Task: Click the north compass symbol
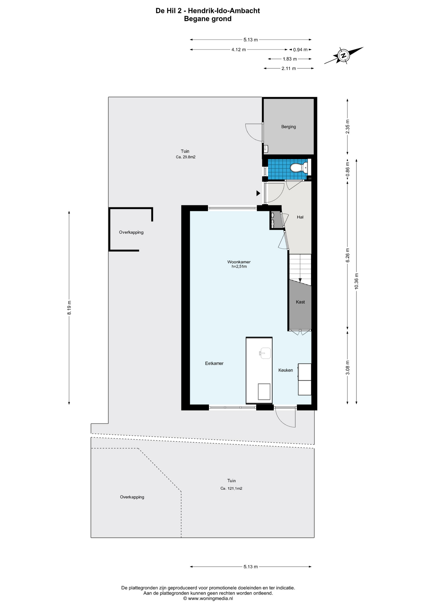pyautogui.click(x=343, y=55)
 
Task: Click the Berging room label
pyautogui.click(x=288, y=127)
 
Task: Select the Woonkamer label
pyautogui.click(x=239, y=262)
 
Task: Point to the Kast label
pyautogui.click(x=300, y=302)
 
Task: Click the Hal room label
pyautogui.click(x=300, y=217)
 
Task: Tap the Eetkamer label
pyautogui.click(x=214, y=363)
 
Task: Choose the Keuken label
pyautogui.click(x=286, y=370)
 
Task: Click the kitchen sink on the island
pyautogui.click(x=265, y=353)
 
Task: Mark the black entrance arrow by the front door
pyautogui.click(x=258, y=193)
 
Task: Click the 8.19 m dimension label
pyautogui.click(x=69, y=307)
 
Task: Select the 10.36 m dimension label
pyautogui.click(x=356, y=281)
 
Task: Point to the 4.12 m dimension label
pyautogui.click(x=239, y=50)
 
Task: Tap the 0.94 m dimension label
pyautogui.click(x=300, y=50)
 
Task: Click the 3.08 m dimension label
pyautogui.click(x=348, y=368)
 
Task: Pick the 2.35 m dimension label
pyautogui.click(x=348, y=127)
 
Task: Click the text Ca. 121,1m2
pyautogui.click(x=231, y=488)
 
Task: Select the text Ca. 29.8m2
pyautogui.click(x=186, y=157)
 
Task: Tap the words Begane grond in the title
pyautogui.click(x=208, y=19)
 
